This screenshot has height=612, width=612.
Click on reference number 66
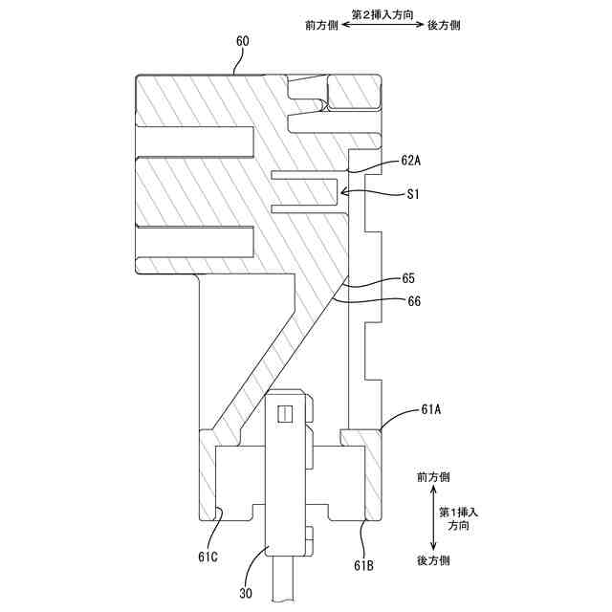click(414, 301)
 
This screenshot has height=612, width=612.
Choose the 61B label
click(363, 566)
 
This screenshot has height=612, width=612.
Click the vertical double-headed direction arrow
click(433, 517)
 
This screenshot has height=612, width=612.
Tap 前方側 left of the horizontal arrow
click(321, 27)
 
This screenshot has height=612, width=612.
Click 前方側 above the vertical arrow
click(433, 475)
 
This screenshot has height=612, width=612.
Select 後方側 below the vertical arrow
click(433, 559)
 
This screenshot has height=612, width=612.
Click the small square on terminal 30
click(282, 414)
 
